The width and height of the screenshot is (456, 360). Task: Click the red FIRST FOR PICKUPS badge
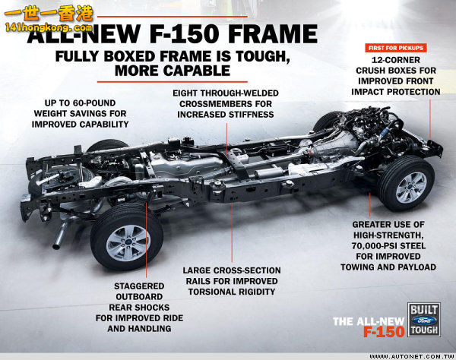click(396, 48)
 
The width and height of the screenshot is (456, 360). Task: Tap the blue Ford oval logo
click(424, 321)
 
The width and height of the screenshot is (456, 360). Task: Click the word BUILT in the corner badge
click(424, 310)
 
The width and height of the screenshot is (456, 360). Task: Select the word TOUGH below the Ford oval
click(424, 330)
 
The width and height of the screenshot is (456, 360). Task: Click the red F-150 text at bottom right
click(384, 332)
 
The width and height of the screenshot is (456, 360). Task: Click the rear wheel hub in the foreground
click(128, 243)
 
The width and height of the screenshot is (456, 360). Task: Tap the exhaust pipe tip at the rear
click(56, 247)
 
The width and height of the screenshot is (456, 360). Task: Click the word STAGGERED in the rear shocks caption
click(139, 286)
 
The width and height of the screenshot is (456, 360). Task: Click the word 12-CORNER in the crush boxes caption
click(396, 60)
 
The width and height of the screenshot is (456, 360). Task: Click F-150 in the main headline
click(184, 34)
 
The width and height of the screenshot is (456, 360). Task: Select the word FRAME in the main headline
click(273, 34)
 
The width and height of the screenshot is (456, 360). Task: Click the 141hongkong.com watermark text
click(49, 28)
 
